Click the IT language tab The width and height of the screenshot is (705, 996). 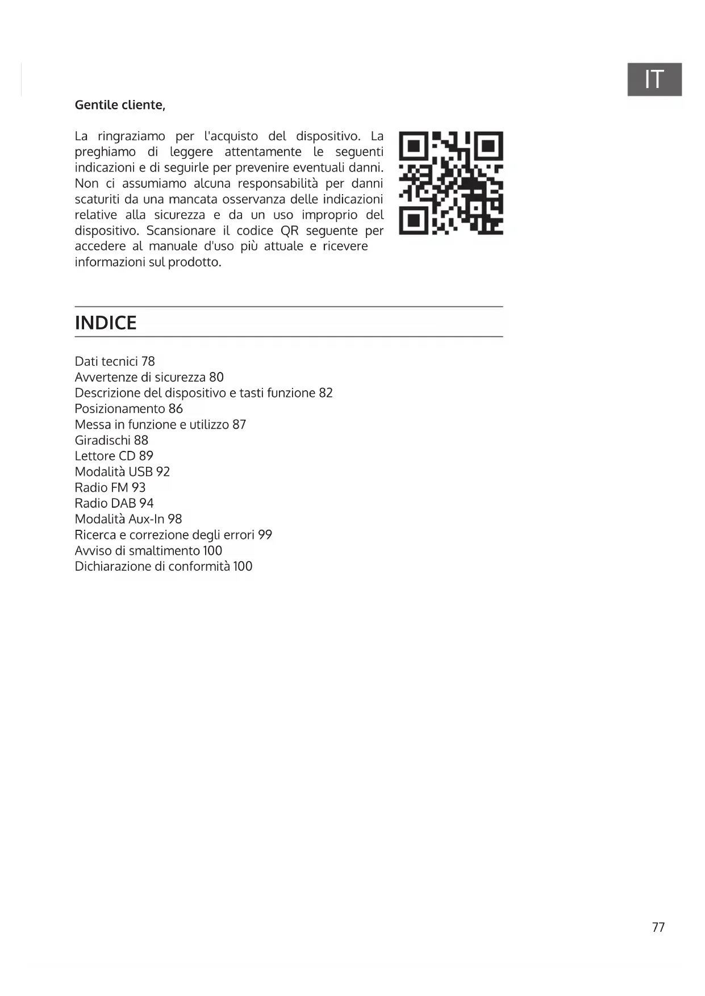tap(654, 79)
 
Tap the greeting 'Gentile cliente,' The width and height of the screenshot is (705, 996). tap(120, 105)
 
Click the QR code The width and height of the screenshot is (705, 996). tap(450, 183)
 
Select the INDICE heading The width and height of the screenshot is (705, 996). tap(106, 323)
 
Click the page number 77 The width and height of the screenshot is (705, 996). tap(658, 927)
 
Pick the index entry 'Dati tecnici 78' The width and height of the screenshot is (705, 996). tap(115, 361)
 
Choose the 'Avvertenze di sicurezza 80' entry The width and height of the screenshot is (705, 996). tap(149, 377)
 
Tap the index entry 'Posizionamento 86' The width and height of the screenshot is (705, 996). tap(128, 409)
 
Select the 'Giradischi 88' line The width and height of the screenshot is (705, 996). tap(111, 440)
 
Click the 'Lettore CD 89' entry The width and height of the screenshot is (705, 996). tap(114, 456)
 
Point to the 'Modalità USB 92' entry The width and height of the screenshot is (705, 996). tap(122, 472)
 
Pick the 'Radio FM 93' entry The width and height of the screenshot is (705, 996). tap(110, 488)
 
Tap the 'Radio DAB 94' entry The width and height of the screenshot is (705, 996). tap(114, 503)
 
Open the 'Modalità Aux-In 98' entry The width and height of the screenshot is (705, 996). tap(128, 519)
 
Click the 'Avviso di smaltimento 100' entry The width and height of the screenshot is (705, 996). tap(148, 551)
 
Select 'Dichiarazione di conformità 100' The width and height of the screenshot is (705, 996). tap(163, 566)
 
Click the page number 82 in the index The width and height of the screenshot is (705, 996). tap(326, 393)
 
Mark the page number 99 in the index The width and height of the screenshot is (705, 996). tap(265, 535)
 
